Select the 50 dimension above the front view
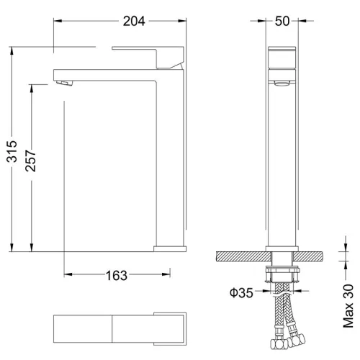(x=282, y=21)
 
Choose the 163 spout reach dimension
(x=117, y=274)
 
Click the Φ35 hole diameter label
(x=241, y=294)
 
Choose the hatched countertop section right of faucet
(x=317, y=257)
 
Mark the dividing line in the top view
(x=112, y=328)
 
